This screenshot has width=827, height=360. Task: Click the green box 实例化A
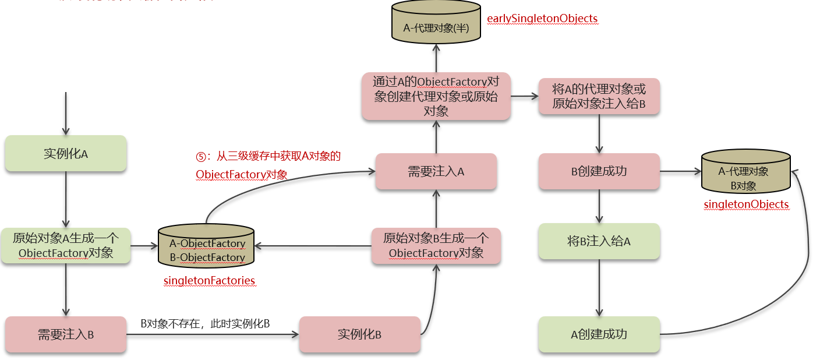[x=66, y=154]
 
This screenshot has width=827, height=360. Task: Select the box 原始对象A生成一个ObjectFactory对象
[x=66, y=246]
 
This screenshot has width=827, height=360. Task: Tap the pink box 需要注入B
[x=66, y=334]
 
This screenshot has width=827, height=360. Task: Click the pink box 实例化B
[x=359, y=334]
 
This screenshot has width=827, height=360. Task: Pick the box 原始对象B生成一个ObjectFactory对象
[x=436, y=246]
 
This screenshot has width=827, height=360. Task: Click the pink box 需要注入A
[x=436, y=171]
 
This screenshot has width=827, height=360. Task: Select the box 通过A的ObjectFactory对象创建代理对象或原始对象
[x=436, y=96]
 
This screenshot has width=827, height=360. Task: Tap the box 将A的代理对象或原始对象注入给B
[x=599, y=96]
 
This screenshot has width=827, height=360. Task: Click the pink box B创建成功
[x=599, y=171]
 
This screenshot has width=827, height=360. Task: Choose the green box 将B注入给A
[x=599, y=241]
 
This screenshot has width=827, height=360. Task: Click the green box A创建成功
[x=599, y=334]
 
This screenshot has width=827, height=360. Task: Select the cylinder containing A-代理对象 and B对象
[x=746, y=173]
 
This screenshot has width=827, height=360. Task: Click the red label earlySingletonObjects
[x=542, y=19]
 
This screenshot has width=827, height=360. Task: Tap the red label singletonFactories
[x=210, y=281]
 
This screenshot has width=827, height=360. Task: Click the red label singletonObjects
[x=746, y=204]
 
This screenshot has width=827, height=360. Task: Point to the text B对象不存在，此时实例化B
[x=205, y=323]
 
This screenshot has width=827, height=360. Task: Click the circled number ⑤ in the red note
[x=201, y=157]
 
